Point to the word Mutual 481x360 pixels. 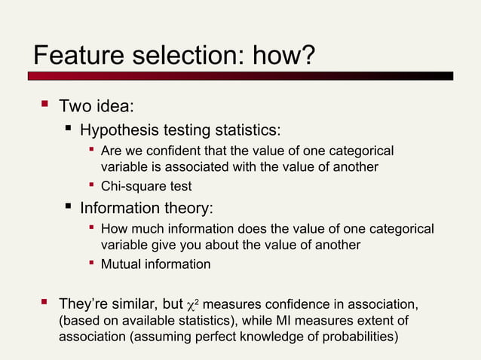(x=121, y=264)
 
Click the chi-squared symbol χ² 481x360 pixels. (x=192, y=305)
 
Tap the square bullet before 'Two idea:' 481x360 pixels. (x=44, y=105)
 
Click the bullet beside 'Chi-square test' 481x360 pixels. (x=90, y=185)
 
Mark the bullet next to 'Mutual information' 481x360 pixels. (x=90, y=264)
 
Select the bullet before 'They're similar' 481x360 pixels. (x=44, y=303)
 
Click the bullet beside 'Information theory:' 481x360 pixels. (x=69, y=206)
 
